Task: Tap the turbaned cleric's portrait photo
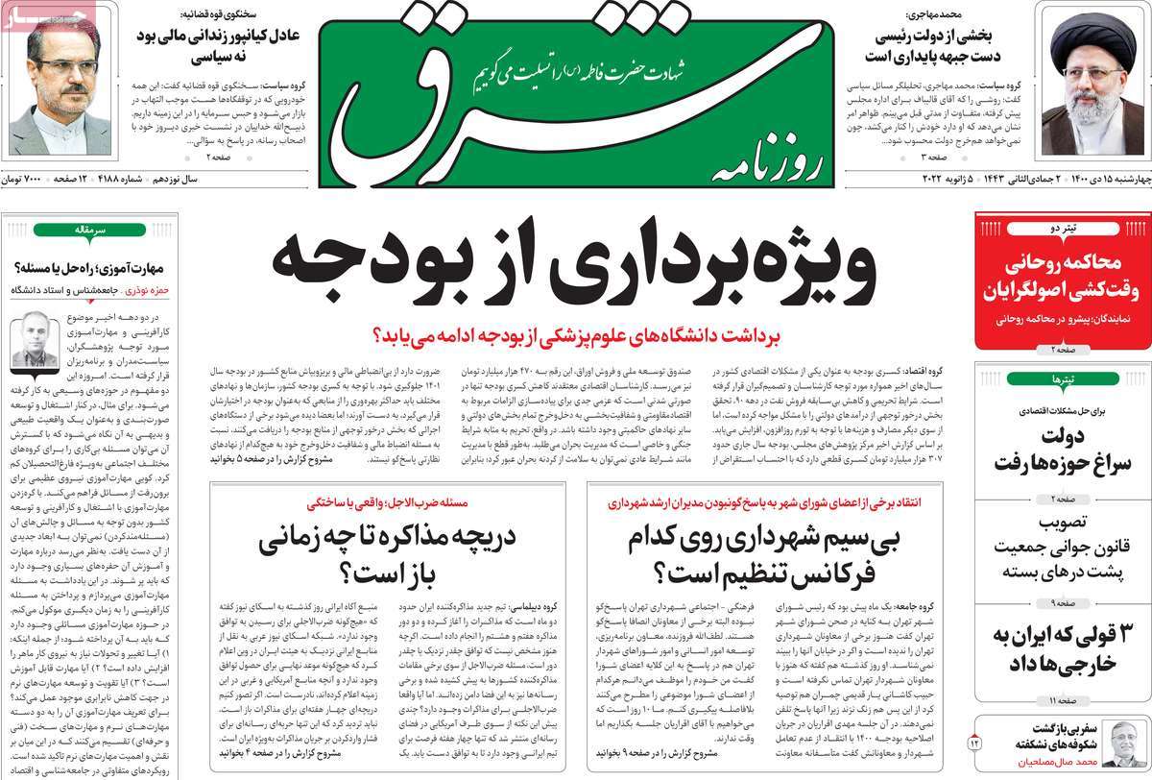(x=1094, y=81)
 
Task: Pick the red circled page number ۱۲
(x=977, y=743)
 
